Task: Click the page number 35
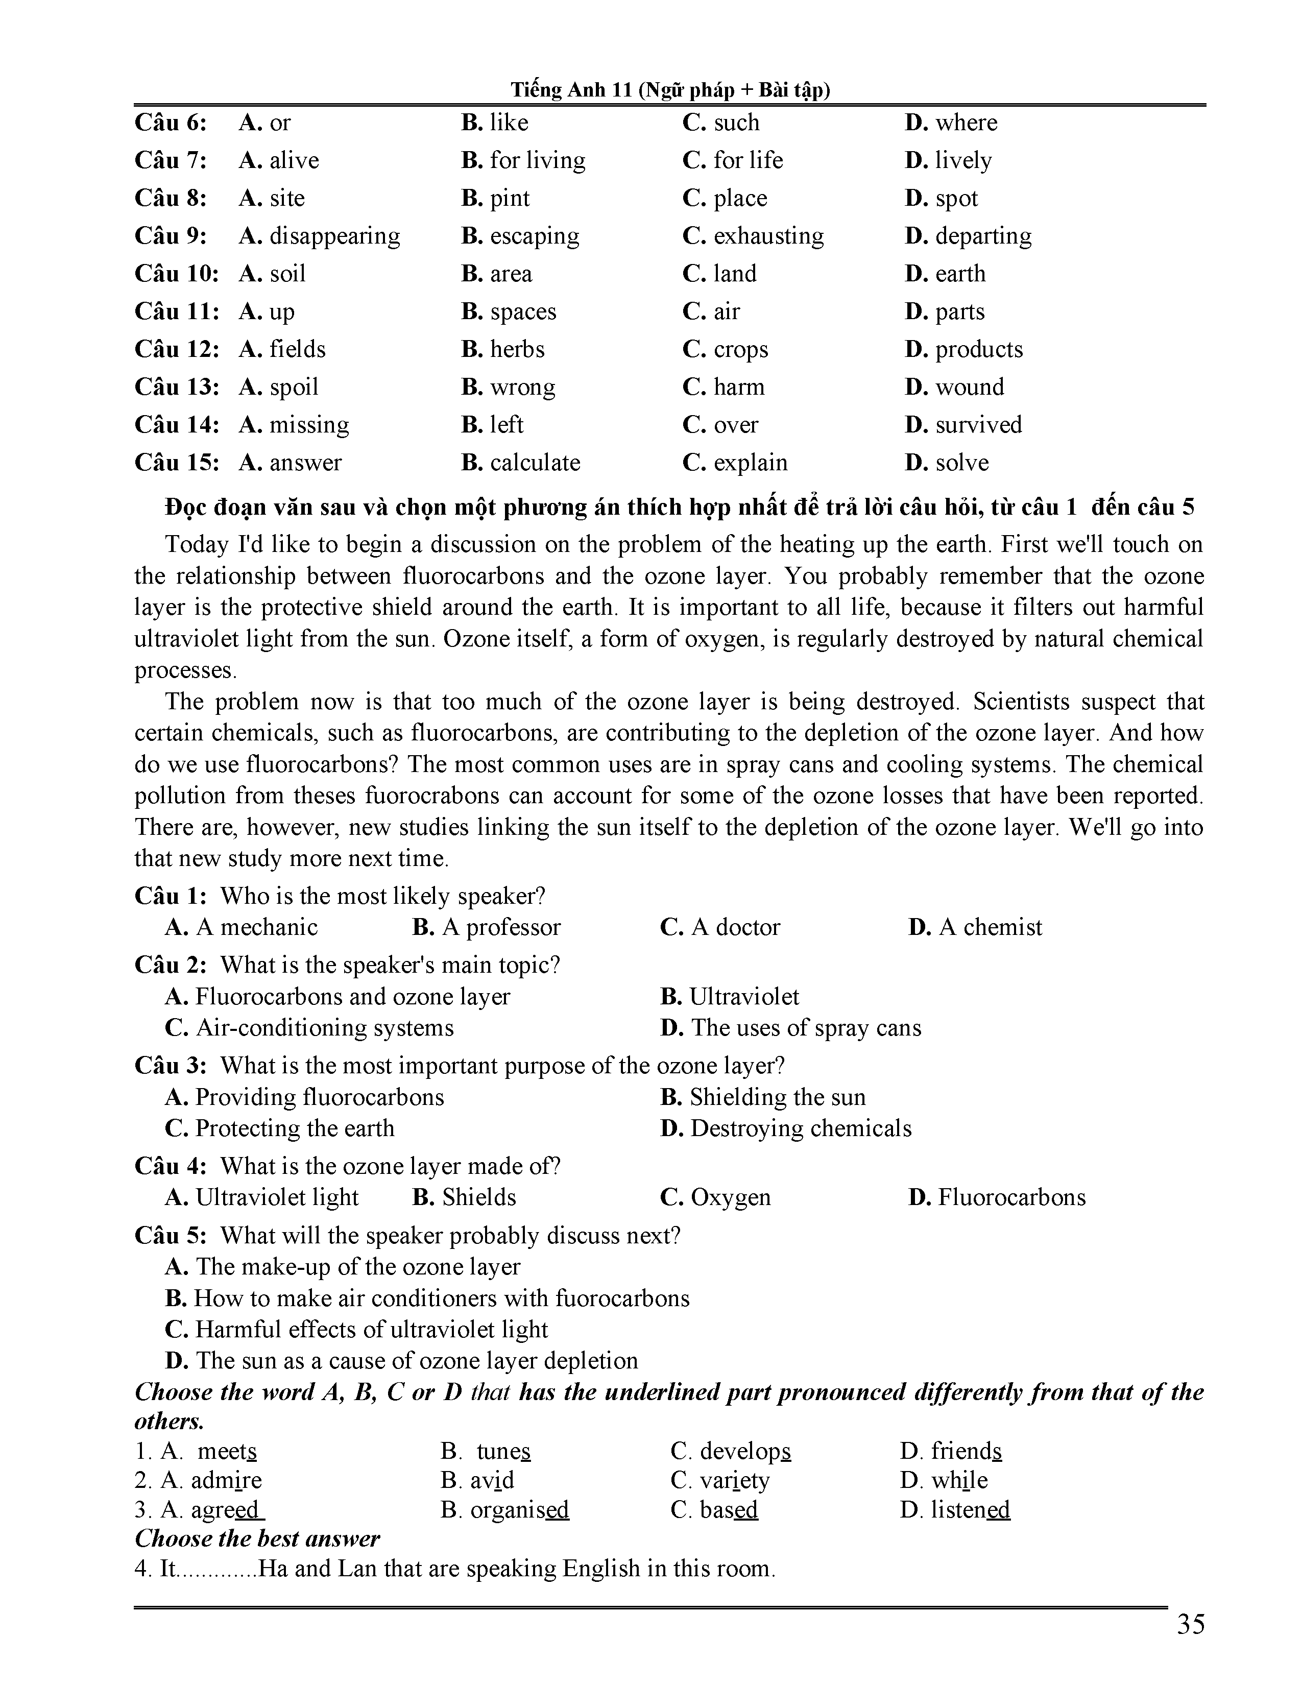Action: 1190,1624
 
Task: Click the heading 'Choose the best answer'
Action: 257,1539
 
